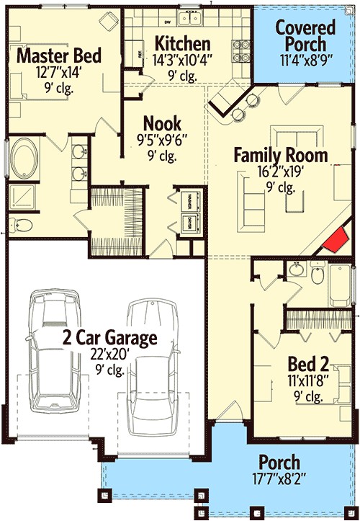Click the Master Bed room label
click(58, 56)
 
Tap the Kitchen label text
click(183, 43)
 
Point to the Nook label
click(162, 123)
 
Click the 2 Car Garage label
click(108, 337)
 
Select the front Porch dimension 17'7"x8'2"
click(279, 478)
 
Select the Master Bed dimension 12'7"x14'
click(58, 73)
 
